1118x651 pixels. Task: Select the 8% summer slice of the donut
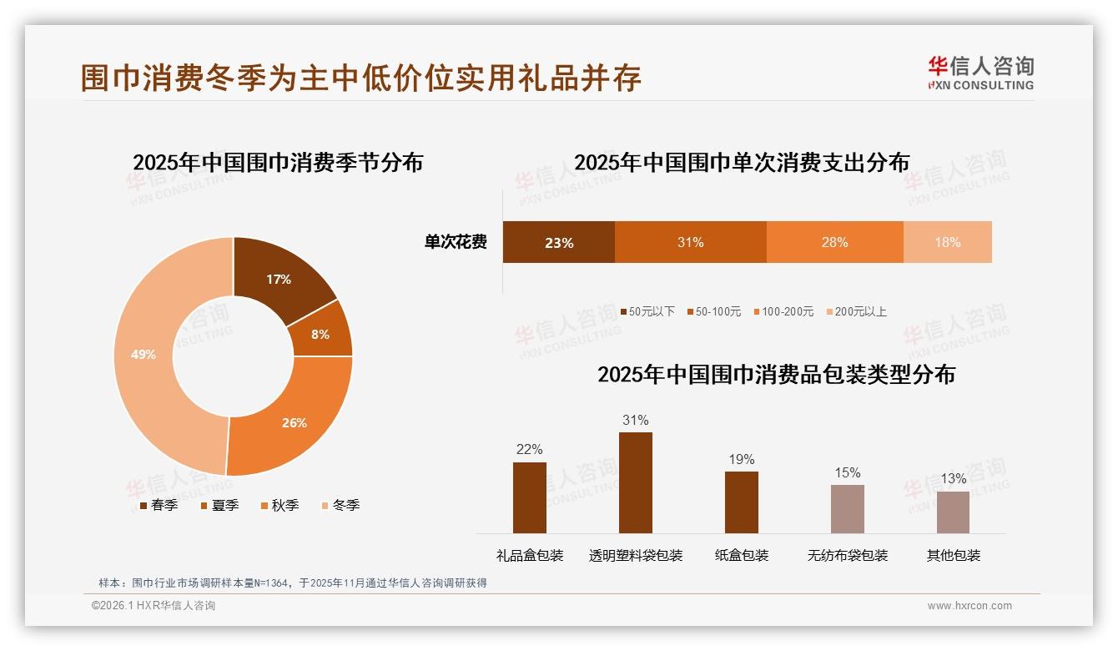(320, 334)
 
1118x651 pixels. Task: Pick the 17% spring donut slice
(279, 280)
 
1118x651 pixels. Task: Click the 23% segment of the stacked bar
(558, 243)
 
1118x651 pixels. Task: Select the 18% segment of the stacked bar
(947, 243)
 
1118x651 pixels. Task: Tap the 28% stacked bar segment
(834, 243)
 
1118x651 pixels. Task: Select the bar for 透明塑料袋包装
(636, 482)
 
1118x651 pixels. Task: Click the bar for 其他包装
(953, 512)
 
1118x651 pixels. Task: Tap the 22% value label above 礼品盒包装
(529, 449)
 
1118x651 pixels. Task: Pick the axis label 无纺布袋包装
(848, 555)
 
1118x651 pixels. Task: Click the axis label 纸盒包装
(742, 555)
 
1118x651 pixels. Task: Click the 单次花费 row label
(456, 243)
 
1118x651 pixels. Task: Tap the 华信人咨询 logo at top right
(980, 73)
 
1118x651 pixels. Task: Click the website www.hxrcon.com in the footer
(969, 606)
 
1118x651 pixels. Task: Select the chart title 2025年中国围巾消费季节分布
(278, 162)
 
